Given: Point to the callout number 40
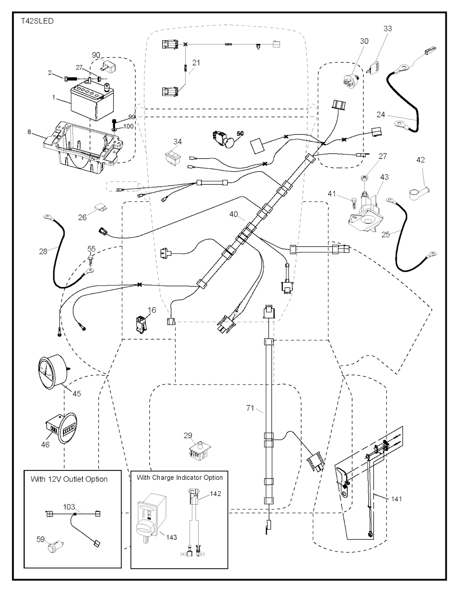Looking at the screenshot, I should pyautogui.click(x=233, y=214).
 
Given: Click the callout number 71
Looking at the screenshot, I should pyautogui.click(x=250, y=408).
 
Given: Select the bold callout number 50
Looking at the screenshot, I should pyautogui.click(x=240, y=134).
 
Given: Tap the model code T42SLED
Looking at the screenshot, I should pyautogui.click(x=37, y=21).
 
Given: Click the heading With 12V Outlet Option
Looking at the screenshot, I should pyautogui.click(x=69, y=479).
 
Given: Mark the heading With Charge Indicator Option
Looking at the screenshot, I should pyautogui.click(x=179, y=478).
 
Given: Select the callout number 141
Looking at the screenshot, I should pyautogui.click(x=395, y=499).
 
